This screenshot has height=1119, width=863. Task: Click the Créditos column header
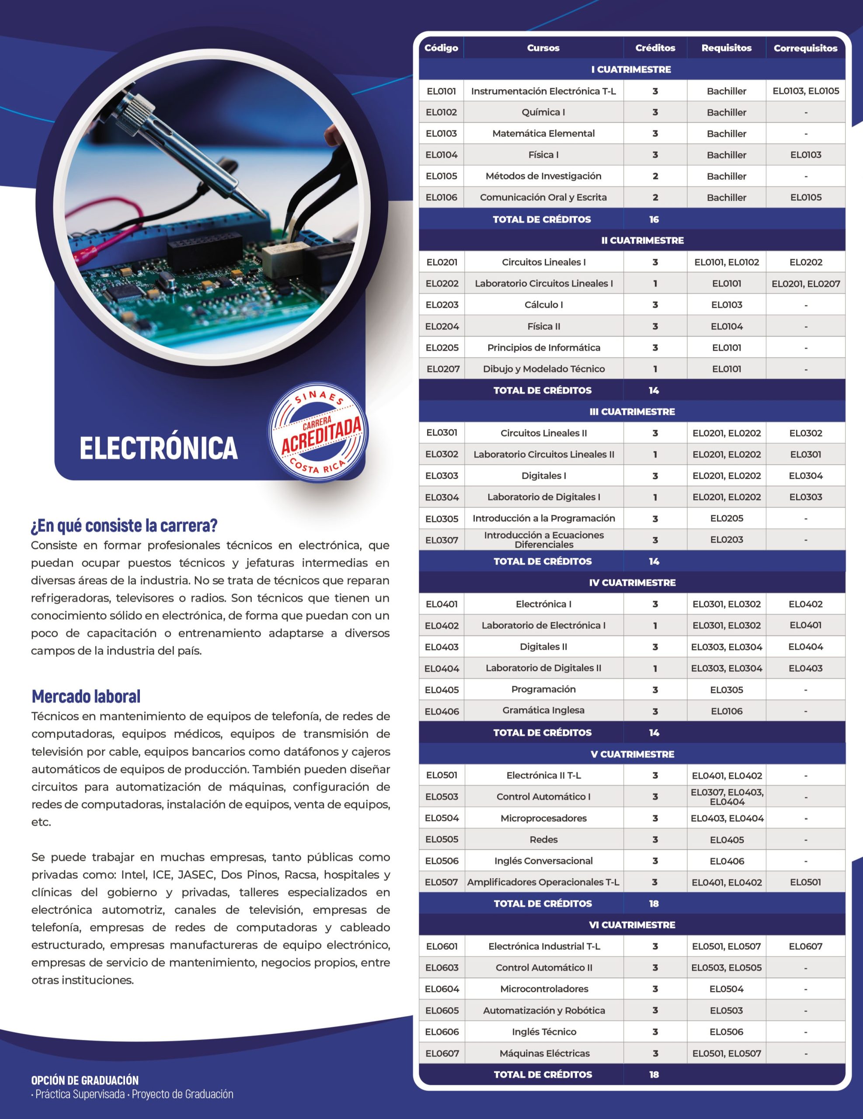pyautogui.click(x=655, y=48)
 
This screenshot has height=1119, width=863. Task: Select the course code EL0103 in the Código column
pyautogui.click(x=441, y=133)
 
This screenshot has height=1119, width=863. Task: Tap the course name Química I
pyautogui.click(x=543, y=112)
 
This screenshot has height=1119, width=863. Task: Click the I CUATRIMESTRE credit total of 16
pyautogui.click(x=654, y=219)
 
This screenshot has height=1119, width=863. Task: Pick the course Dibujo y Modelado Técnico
pyautogui.click(x=544, y=369)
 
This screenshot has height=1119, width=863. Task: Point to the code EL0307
pyautogui.click(x=441, y=540)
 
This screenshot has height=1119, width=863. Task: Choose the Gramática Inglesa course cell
pyautogui.click(x=543, y=711)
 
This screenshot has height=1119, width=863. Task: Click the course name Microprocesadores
pyautogui.click(x=543, y=818)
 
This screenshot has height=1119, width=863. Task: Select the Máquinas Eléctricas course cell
pyautogui.click(x=544, y=1053)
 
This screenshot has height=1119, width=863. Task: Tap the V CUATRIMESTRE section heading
pyautogui.click(x=632, y=754)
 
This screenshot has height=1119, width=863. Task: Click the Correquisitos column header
pyautogui.click(x=805, y=48)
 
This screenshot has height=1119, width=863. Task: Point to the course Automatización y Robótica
pyautogui.click(x=544, y=1011)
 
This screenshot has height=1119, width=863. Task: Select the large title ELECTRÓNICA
pyautogui.click(x=159, y=448)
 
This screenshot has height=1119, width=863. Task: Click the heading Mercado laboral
pyautogui.click(x=86, y=696)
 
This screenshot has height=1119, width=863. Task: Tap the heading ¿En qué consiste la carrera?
pyautogui.click(x=124, y=525)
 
